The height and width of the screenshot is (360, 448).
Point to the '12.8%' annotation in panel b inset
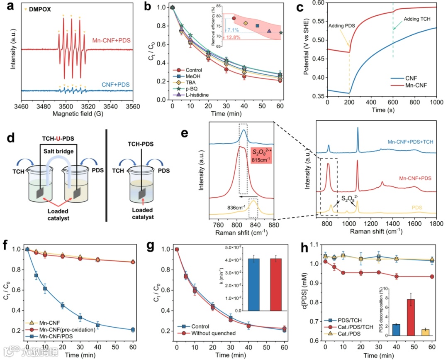(x=233, y=38)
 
